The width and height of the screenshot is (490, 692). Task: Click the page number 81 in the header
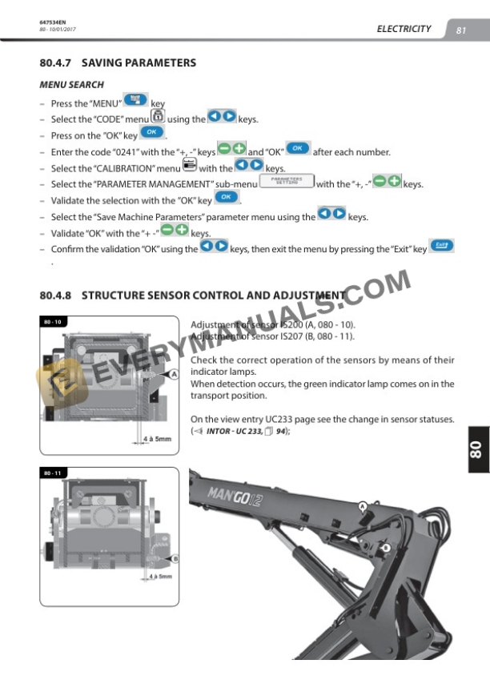[461, 30]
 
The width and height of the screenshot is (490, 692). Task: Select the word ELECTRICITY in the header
[404, 29]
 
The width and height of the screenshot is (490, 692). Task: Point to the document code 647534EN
[51, 22]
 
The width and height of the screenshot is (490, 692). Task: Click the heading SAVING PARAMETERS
[139, 62]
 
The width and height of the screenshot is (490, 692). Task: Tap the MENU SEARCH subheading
[71, 84]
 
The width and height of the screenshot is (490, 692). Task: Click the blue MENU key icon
[136, 101]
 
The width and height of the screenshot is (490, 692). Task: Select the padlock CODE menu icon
[158, 117]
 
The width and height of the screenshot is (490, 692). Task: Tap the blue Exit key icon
[441, 246]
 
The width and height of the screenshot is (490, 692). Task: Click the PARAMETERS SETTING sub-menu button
[287, 182]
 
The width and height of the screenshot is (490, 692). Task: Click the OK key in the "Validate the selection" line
[227, 198]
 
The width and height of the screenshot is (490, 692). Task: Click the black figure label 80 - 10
[53, 322]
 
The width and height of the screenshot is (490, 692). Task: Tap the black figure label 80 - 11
[53, 473]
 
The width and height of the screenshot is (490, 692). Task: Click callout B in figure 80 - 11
[175, 558]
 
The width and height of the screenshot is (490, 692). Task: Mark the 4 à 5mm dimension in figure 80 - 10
[157, 439]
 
